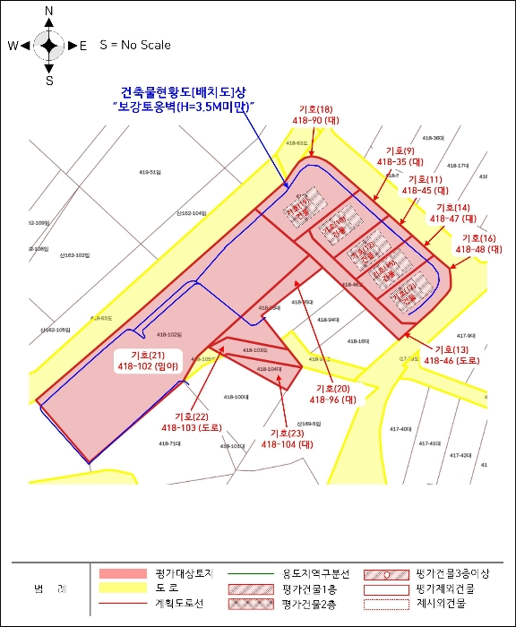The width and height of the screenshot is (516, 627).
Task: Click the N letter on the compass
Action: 49,12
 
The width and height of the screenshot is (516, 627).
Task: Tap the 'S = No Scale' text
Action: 134,45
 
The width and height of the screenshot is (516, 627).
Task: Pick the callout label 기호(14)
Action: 451,208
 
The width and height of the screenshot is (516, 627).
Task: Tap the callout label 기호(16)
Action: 477,238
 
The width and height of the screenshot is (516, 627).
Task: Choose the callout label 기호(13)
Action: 450,348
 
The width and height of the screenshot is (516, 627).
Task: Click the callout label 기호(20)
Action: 333,388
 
